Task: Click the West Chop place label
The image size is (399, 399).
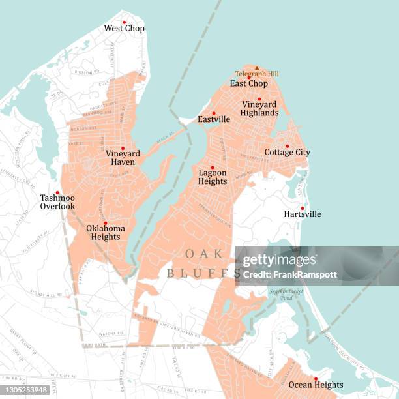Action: coord(125,29)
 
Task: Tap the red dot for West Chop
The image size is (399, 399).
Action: coord(124,22)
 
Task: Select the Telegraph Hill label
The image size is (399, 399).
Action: coord(257,74)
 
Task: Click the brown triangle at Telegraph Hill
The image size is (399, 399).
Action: coord(257,68)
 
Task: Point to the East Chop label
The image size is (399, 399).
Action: coord(248,83)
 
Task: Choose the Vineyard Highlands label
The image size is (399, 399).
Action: coord(260,108)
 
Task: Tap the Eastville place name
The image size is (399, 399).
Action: coord(214,120)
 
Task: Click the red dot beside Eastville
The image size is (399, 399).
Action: coord(213,113)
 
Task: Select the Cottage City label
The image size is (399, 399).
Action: coord(288,153)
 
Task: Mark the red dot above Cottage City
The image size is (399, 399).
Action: coord(287,146)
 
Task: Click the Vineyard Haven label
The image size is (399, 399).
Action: coord(123,158)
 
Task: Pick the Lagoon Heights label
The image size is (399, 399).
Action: coord(213,177)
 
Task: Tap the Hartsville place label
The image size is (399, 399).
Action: coord(303,214)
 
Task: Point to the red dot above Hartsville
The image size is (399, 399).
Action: coord(302,208)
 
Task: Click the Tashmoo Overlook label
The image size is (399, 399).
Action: coord(57,201)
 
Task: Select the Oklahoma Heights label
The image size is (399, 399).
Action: coord(105,232)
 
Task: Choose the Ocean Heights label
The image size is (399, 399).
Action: coord(316,385)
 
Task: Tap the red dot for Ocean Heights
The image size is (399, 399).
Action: coord(316,379)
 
